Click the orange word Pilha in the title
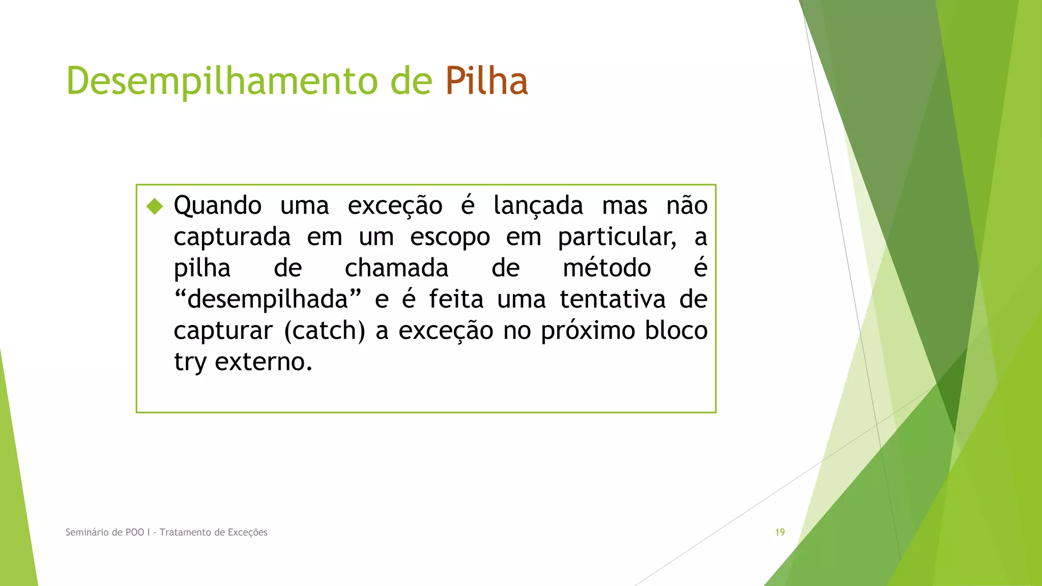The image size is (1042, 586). point(486,81)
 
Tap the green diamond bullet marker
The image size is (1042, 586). point(155,206)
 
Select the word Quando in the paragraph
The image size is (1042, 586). point(218,206)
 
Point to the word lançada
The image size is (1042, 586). point(538,206)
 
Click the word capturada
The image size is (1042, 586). point(232,237)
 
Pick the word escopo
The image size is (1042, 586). point(450,237)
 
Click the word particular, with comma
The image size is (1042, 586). point(617,237)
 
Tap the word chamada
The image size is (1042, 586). point(396,268)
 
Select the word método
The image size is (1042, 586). point(606,268)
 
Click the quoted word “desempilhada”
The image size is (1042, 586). point(268,299)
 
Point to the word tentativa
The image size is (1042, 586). point(613,299)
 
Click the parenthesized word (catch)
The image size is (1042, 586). point(325,331)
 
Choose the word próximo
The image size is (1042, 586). point(588,331)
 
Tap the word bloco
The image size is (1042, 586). point(676,331)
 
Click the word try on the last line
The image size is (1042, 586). point(190,362)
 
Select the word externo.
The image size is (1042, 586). point(263,362)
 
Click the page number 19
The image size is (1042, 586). point(779,532)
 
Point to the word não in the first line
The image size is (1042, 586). point(687,206)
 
